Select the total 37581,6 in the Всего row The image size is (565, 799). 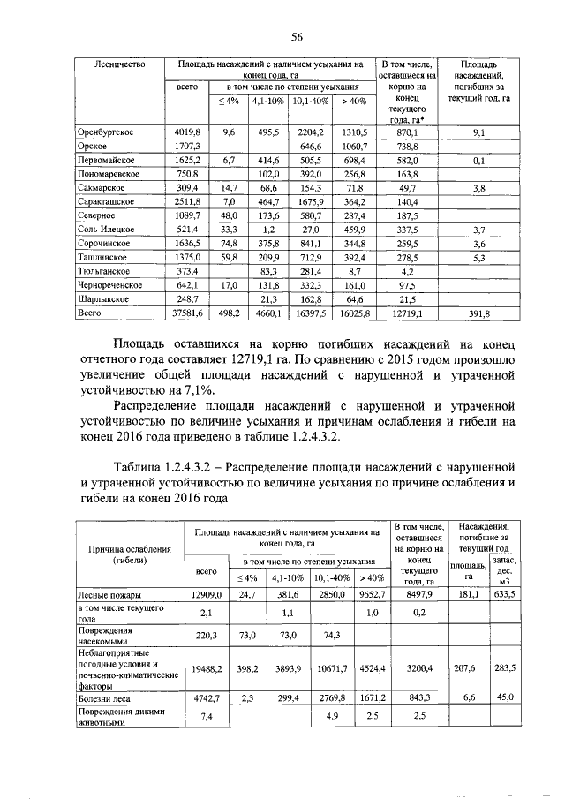click(x=186, y=312)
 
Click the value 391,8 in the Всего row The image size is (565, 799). click(x=478, y=312)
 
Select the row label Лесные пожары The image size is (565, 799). click(x=109, y=593)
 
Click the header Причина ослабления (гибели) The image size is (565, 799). click(x=124, y=554)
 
